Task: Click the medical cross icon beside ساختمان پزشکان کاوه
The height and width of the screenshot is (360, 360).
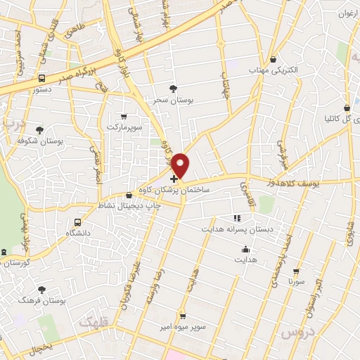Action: [x=174, y=179]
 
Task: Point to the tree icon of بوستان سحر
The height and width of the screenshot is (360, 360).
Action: [x=173, y=89]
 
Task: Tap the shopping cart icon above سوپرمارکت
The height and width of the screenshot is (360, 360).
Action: [x=124, y=116]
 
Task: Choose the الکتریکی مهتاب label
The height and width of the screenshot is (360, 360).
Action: [x=274, y=70]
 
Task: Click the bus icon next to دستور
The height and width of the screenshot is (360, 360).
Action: [x=41, y=79]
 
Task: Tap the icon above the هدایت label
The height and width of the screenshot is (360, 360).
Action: [x=245, y=248]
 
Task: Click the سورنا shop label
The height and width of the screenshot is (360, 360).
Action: [x=295, y=281]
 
